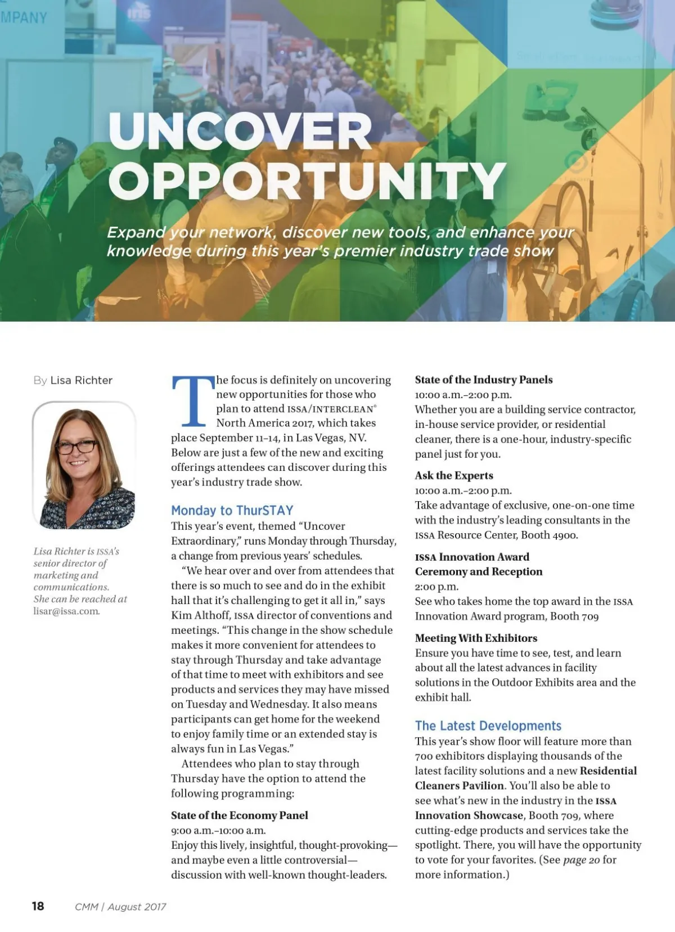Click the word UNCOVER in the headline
click(x=240, y=131)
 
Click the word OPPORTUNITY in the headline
click(x=307, y=181)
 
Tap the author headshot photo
click(x=84, y=465)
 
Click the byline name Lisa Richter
click(x=82, y=380)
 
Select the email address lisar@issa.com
click(x=66, y=611)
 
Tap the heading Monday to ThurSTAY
click(x=232, y=510)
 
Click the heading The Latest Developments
click(x=488, y=726)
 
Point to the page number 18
click(x=38, y=906)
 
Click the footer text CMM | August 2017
click(x=120, y=907)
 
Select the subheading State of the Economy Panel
click(x=240, y=815)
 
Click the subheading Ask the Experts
click(x=454, y=475)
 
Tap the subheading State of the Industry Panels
click(x=484, y=380)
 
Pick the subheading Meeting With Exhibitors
click(x=476, y=638)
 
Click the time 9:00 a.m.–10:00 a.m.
click(x=218, y=830)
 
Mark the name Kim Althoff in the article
click(x=200, y=615)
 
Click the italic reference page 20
click(x=581, y=859)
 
